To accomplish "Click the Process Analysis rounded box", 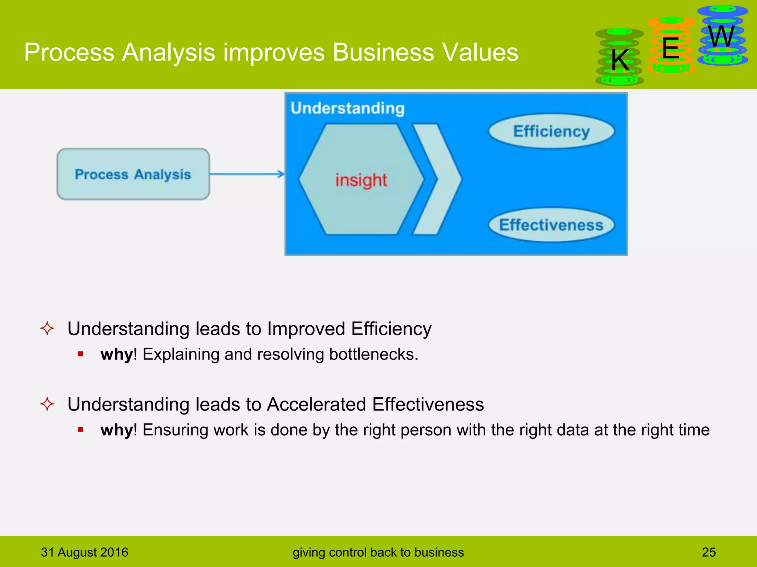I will (x=133, y=174).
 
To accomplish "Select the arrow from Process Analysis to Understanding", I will (x=247, y=174).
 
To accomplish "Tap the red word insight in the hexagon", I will (x=361, y=180).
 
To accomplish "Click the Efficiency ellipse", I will (x=551, y=131).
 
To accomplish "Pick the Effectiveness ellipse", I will (x=551, y=225).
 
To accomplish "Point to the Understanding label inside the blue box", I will (x=347, y=108).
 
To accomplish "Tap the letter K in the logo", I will (x=620, y=60).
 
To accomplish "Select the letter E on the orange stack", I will (x=671, y=48).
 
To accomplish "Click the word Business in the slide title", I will (x=383, y=52).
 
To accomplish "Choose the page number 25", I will (x=709, y=552).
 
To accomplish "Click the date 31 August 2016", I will (x=85, y=552).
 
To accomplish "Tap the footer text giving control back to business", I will (x=378, y=552).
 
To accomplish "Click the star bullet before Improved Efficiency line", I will (x=47, y=328).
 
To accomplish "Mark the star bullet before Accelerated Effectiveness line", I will (x=47, y=404).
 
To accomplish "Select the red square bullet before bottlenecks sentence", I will (x=81, y=354).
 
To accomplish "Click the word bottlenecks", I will (x=373, y=354).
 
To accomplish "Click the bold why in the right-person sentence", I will (x=116, y=430).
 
